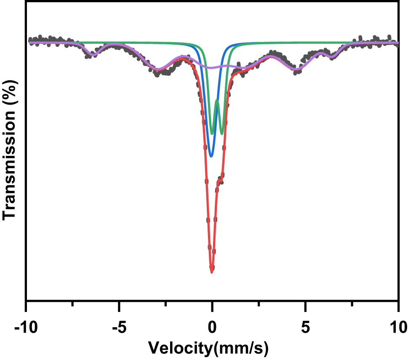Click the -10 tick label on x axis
coord(27,327)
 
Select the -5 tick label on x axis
coord(119,327)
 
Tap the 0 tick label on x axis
coord(212,327)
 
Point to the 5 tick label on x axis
coord(305,327)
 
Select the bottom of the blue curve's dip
coord(211,156)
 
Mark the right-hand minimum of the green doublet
coord(222,134)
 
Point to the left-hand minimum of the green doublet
coord(212,134)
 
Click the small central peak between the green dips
coord(217,100)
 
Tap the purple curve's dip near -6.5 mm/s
coord(93,54)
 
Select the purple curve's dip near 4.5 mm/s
coord(297,69)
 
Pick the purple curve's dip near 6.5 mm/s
coord(332,56)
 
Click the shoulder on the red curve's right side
coord(220,181)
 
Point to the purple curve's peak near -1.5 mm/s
coord(183,57)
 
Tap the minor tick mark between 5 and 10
coord(352,303)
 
